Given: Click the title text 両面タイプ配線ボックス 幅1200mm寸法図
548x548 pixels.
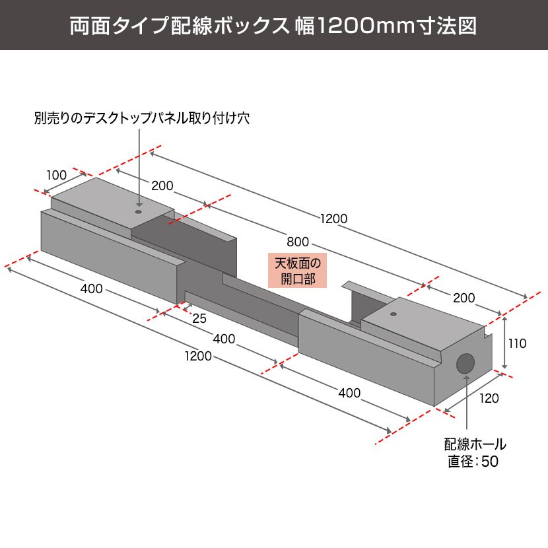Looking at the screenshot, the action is point(273,25).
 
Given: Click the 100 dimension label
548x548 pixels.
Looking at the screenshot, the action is point(57,175).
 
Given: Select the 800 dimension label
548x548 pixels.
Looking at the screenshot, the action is point(298,242).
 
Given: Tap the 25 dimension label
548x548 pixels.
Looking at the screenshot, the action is point(199,318).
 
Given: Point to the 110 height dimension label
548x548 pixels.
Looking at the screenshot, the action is point(517,343).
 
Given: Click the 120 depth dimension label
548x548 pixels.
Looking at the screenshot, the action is point(489,398).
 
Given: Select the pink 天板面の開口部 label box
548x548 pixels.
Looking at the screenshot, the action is point(297,271).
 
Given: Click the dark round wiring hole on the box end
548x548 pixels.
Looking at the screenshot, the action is point(465,364).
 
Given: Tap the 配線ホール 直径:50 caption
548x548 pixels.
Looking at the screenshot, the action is point(475,453).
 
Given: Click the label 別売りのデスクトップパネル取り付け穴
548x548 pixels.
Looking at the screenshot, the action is point(142,118).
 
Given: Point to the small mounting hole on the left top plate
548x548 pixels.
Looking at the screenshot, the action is point(139,212).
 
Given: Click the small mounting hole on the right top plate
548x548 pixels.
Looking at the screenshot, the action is point(394,314).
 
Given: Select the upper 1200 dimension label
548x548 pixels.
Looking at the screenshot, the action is point(334,219).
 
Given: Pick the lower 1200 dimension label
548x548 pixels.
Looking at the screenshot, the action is point(198,356).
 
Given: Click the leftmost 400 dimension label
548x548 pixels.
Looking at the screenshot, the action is point(92,289).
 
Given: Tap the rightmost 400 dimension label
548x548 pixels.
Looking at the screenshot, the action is point(349,394).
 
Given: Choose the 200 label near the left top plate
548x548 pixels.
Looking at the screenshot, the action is point(162,186).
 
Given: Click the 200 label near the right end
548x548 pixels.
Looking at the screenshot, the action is point(464,298).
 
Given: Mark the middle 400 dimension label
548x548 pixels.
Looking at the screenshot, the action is point(224,339).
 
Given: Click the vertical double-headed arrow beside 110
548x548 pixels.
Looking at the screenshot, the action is point(504,343).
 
